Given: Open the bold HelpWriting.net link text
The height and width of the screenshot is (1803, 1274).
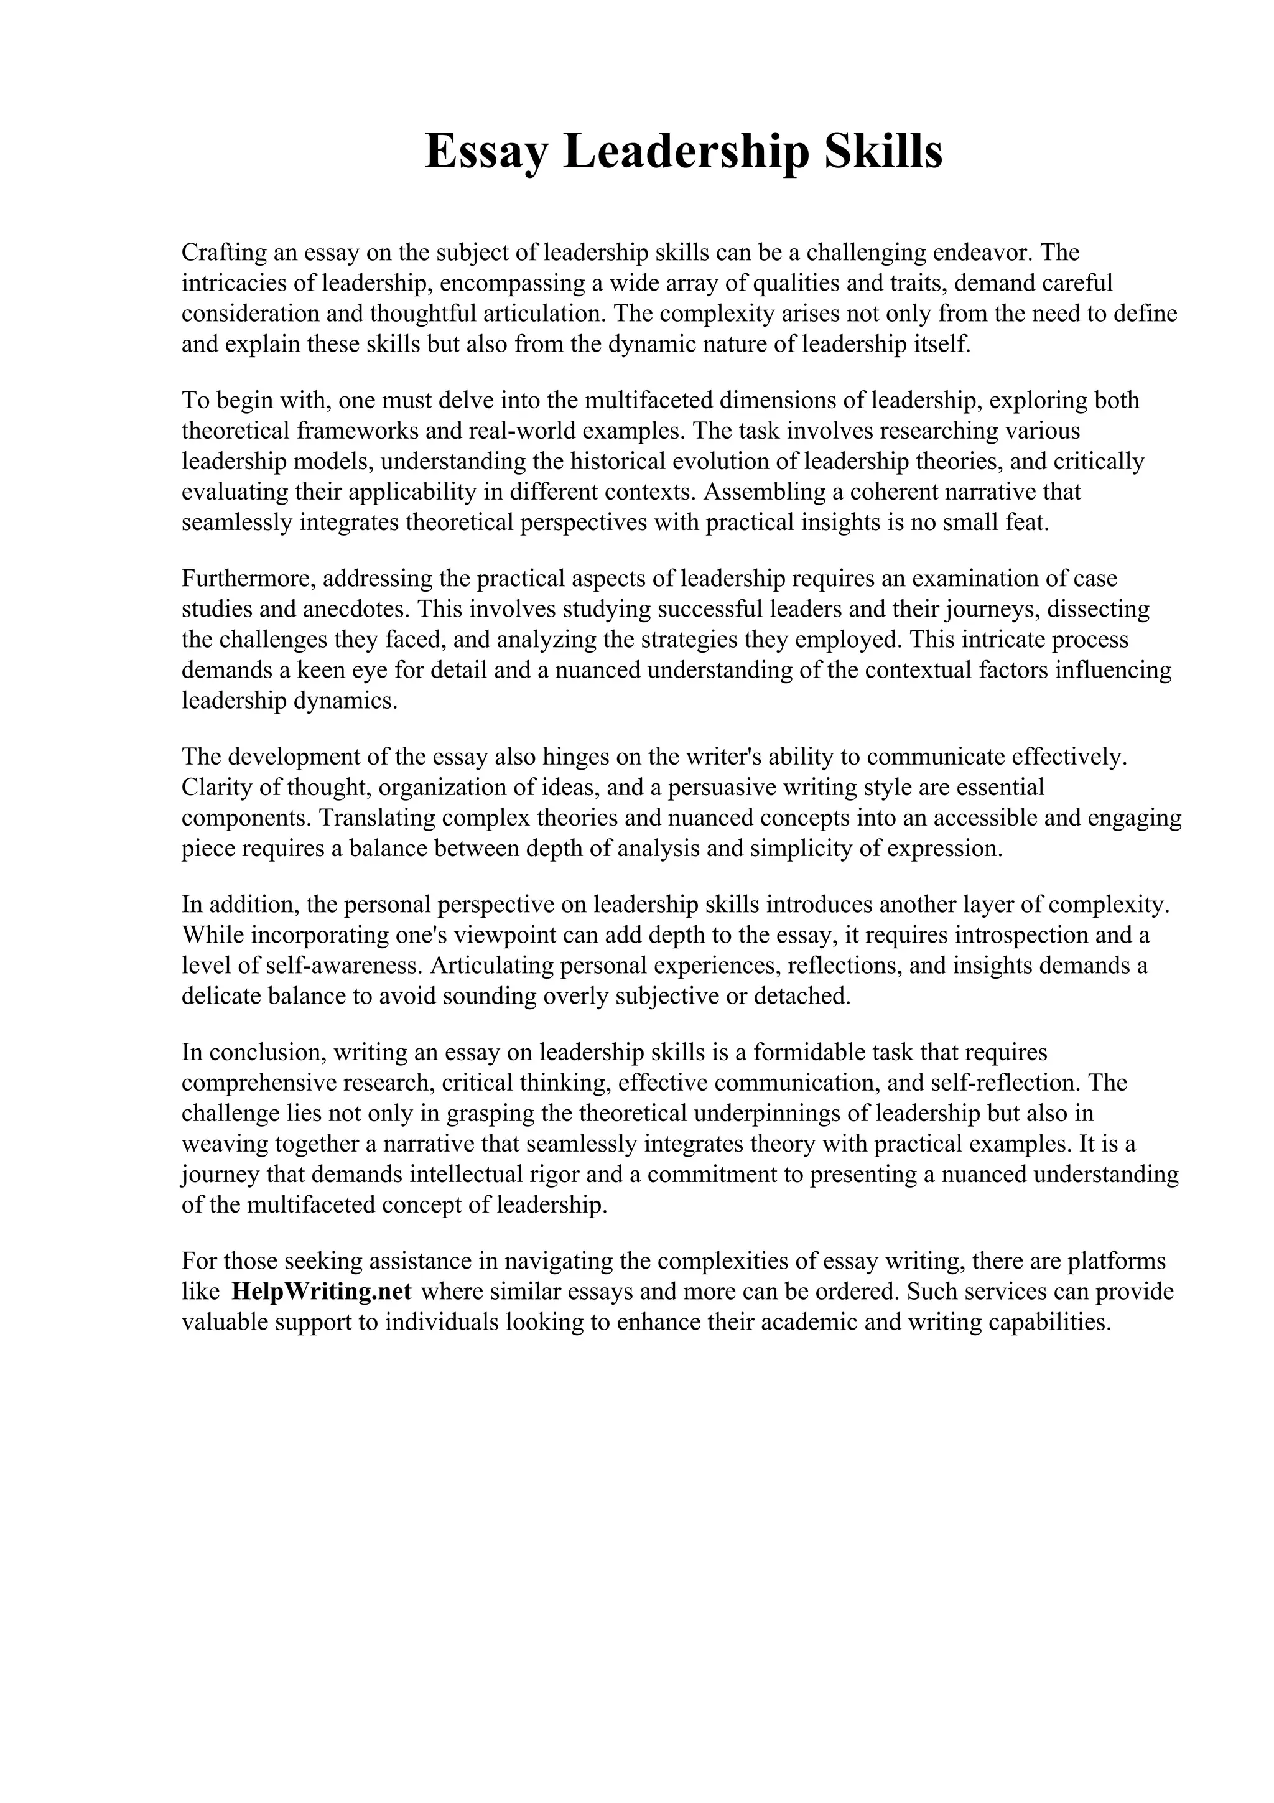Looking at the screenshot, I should [x=322, y=1292].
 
